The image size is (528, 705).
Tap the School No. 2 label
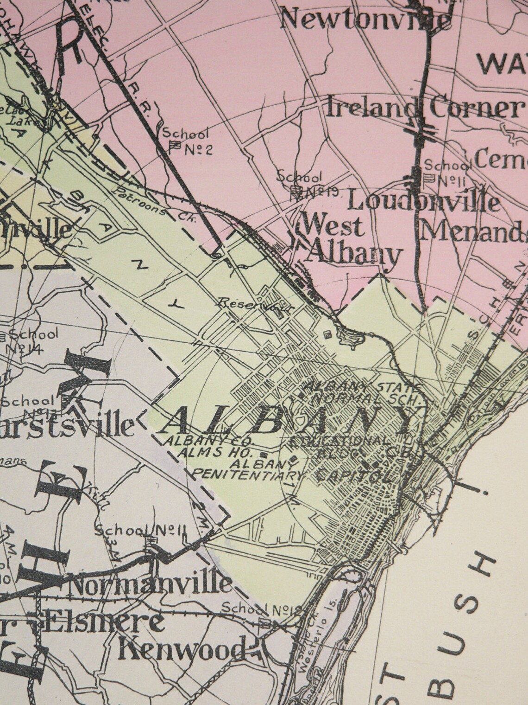click(187, 141)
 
